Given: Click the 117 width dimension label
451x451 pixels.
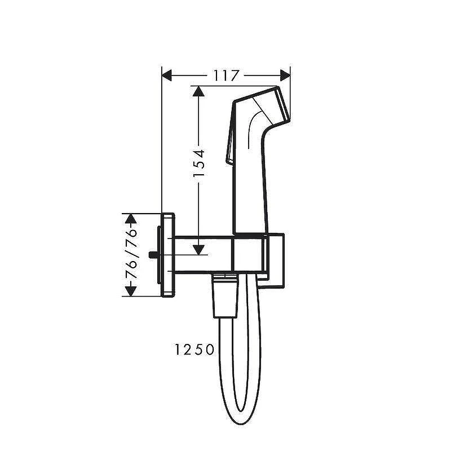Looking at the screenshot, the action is (x=226, y=76).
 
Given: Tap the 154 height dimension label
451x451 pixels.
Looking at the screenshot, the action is (x=199, y=163).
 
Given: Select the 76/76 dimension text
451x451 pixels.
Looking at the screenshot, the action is (x=131, y=254).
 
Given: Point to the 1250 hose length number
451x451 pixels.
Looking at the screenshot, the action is (x=194, y=350).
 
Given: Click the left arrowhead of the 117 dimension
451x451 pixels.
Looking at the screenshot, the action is (x=167, y=76).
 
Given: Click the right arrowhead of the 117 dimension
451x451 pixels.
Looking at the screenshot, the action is (x=285, y=76).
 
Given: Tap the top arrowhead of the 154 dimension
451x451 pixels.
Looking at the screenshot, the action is (x=198, y=91).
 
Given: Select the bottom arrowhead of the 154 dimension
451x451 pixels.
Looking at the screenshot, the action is (x=198, y=250).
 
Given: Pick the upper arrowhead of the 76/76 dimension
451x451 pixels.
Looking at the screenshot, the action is (x=131, y=218).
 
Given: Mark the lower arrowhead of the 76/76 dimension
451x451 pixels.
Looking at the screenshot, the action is (x=131, y=291).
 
